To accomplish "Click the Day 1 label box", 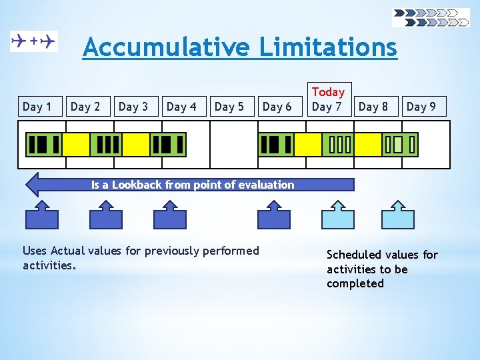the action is [x=37, y=107].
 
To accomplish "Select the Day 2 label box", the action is [x=85, y=107].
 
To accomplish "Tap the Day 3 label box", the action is [x=133, y=107].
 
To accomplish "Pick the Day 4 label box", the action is [x=181, y=107].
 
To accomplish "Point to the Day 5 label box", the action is [x=229, y=107].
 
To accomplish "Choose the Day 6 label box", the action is [x=277, y=107].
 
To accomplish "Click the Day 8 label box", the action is [x=373, y=107].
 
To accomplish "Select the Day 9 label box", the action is [x=421, y=107].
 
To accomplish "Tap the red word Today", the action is [x=328, y=92].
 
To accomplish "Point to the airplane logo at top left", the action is [x=34, y=41].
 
